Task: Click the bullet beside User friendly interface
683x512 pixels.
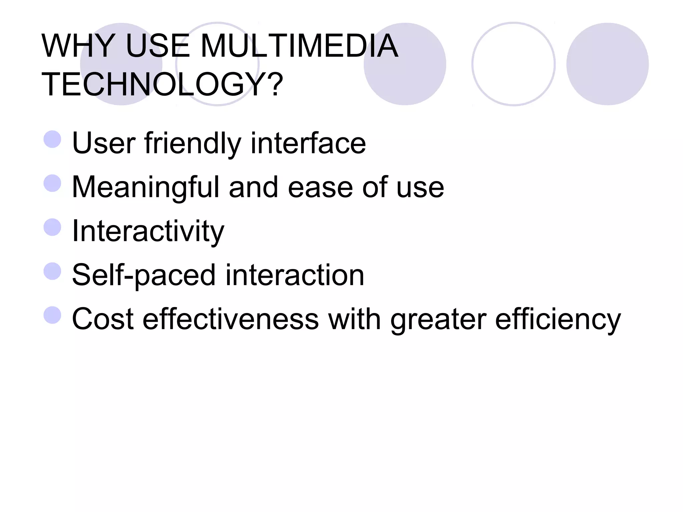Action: click(52, 139)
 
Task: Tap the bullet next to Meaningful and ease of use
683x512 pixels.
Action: click(52, 183)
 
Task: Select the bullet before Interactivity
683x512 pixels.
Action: click(52, 227)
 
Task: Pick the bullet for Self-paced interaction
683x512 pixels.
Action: click(52, 271)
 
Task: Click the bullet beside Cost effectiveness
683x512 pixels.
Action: click(52, 315)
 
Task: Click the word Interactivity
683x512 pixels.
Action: click(148, 231)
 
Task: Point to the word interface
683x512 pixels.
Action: click(308, 143)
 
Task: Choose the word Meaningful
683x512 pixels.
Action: click(145, 187)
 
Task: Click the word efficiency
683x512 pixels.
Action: click(558, 319)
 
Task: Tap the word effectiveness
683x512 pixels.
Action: click(230, 319)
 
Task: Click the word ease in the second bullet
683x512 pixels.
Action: click(320, 187)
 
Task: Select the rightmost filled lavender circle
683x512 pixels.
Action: click(607, 64)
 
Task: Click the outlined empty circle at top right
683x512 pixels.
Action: click(513, 64)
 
